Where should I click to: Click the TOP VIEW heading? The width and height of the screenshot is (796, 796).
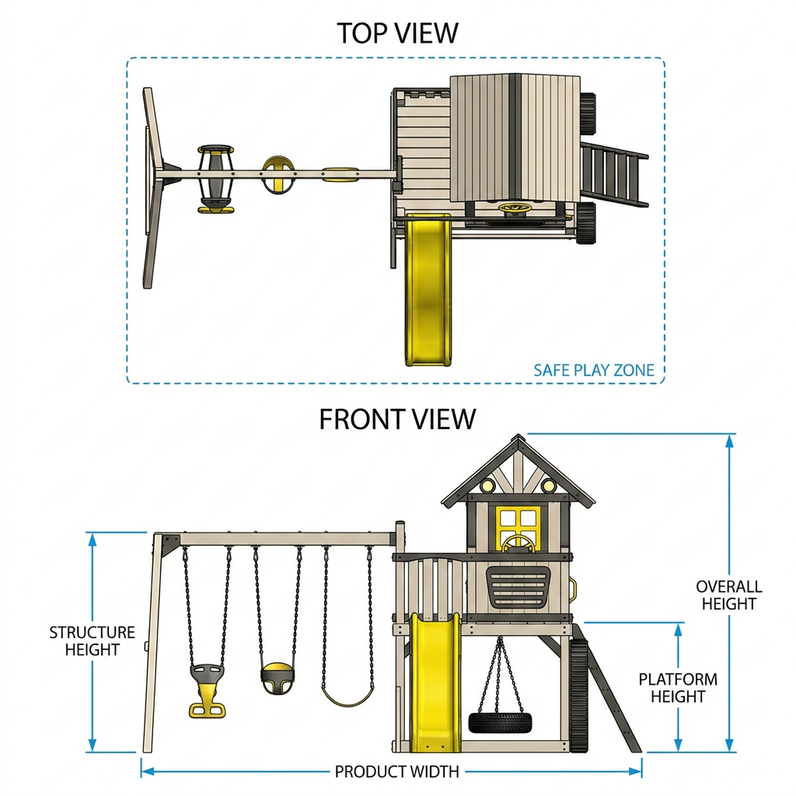[397, 33]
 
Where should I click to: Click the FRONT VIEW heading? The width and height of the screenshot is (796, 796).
[397, 419]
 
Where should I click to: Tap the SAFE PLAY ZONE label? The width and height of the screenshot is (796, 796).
[593, 370]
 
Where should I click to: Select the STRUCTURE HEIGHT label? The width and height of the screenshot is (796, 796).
[92, 641]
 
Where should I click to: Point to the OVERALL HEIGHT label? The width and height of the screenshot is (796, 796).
[729, 595]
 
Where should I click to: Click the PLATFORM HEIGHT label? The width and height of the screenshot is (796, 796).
[678, 687]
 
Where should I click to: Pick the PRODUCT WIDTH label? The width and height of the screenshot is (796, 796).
[397, 772]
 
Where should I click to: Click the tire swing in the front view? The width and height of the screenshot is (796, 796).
[500, 721]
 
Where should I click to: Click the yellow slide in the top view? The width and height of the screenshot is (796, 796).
[428, 289]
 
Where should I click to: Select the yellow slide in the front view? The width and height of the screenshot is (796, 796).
[435, 683]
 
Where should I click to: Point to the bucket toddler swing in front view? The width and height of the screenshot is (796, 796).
[278, 679]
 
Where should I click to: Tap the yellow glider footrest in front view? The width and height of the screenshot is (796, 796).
[207, 709]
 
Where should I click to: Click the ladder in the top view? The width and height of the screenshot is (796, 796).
[614, 175]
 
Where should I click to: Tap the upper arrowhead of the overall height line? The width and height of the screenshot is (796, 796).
[729, 441]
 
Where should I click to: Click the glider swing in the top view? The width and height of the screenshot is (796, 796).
[216, 179]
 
